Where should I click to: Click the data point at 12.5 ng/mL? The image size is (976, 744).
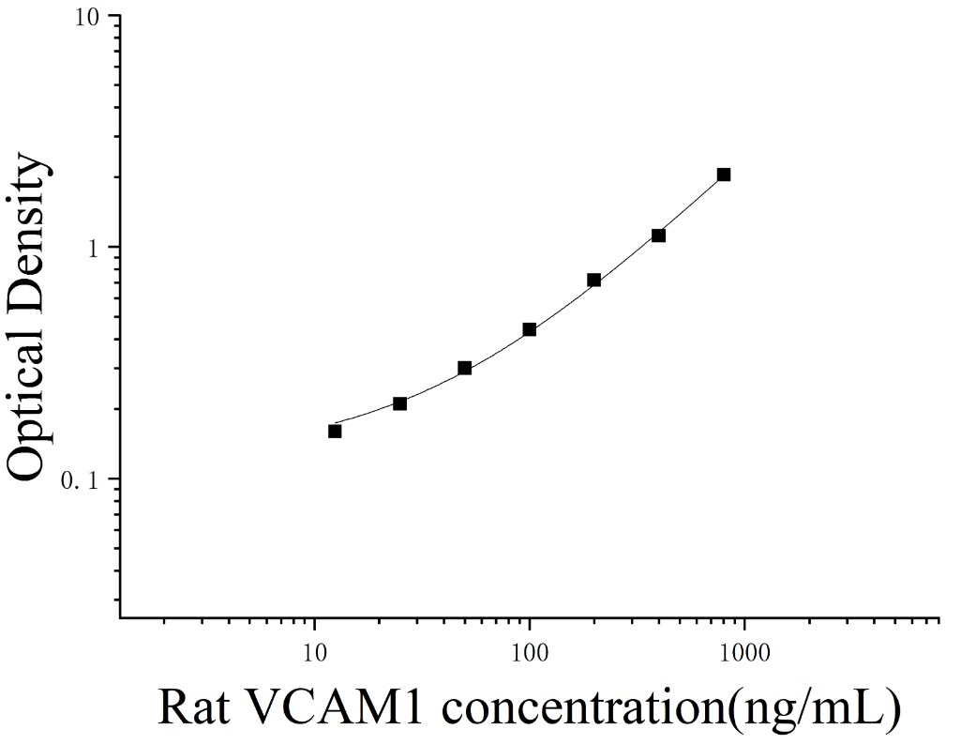(x=335, y=432)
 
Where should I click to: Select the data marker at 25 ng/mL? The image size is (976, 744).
(x=399, y=403)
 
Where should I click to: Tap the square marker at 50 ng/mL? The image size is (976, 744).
(x=464, y=369)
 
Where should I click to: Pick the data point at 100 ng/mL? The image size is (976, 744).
(x=529, y=329)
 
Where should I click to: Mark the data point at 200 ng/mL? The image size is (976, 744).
(x=593, y=281)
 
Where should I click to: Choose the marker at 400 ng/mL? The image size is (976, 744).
(x=658, y=235)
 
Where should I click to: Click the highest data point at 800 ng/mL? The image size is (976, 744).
(x=723, y=175)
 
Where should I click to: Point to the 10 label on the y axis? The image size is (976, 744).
(x=89, y=17)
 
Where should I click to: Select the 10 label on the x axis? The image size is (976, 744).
(x=314, y=653)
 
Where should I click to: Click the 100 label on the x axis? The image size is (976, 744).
(x=529, y=653)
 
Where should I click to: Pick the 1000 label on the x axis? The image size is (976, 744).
(x=744, y=653)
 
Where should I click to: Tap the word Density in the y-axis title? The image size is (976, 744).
(x=29, y=213)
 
